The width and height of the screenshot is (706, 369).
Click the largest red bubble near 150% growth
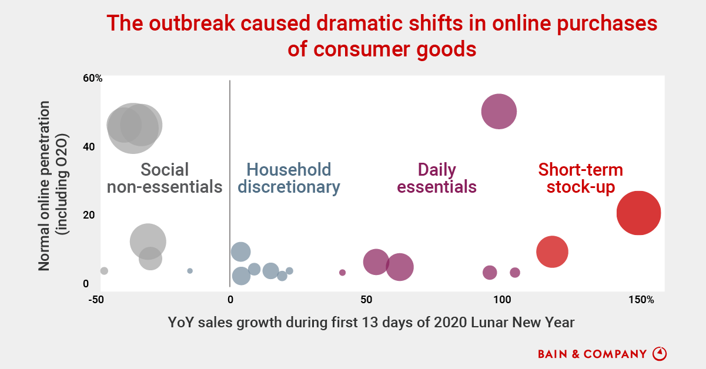coord(638,213)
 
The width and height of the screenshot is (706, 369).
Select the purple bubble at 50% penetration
coord(498,111)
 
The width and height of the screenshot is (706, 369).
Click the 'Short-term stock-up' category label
coord(580,179)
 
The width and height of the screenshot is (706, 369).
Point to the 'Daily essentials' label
coord(437,179)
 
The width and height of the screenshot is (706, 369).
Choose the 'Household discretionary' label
coord(292,179)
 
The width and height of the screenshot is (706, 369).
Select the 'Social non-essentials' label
coord(165,179)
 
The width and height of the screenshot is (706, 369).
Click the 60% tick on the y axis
coord(93,78)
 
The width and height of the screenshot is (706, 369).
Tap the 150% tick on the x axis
coord(640,300)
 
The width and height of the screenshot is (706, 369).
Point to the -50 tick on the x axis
coord(96,300)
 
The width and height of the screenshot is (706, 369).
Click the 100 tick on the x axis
coord(502,300)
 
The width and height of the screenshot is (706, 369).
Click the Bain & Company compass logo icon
coord(660,354)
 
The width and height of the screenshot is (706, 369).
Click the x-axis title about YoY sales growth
coord(371,322)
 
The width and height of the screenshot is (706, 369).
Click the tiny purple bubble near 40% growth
coord(343,273)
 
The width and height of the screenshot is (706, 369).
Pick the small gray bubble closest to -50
coord(104,271)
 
